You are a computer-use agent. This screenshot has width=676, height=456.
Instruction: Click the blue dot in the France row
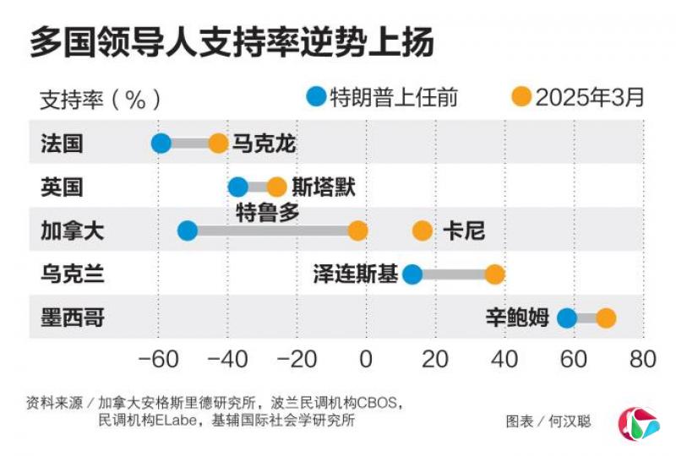tap(161, 144)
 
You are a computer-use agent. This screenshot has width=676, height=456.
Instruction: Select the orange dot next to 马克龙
tap(218, 144)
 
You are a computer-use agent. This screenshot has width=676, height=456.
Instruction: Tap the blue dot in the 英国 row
tap(238, 187)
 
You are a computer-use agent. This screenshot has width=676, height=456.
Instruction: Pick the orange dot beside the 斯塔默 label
tap(276, 187)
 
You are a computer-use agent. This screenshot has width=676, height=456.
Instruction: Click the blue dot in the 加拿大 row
tap(188, 231)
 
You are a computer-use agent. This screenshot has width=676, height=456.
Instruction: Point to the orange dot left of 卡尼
tap(422, 231)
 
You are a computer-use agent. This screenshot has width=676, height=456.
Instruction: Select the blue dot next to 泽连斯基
tap(412, 274)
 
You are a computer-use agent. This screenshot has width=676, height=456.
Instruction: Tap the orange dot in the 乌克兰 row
tap(494, 274)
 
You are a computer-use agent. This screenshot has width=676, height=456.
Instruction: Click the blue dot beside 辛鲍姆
tap(567, 318)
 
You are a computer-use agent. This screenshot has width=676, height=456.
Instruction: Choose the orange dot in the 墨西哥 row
tap(606, 318)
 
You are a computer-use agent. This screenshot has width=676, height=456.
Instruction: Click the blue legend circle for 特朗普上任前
tap(316, 97)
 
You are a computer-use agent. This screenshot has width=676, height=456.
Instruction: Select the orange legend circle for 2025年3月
tap(522, 97)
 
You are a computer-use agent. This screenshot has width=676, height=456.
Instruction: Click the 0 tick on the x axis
tap(366, 359)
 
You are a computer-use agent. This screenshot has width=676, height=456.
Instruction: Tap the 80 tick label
tap(643, 359)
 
